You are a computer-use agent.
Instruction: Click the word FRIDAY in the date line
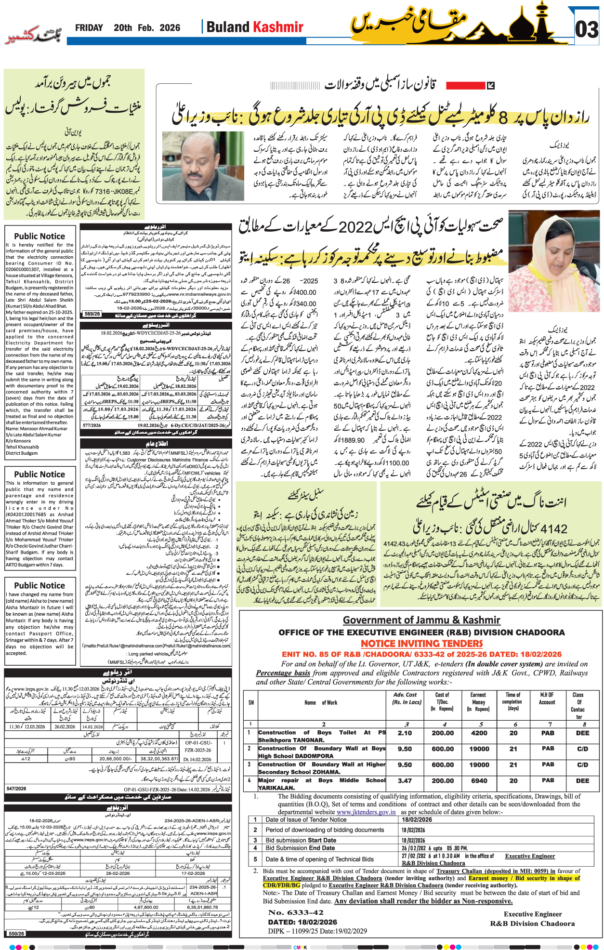pos(89,28)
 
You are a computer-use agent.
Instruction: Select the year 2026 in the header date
pos(170,28)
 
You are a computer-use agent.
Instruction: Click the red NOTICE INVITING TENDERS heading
pos(421,644)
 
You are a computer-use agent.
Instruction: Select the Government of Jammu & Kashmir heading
pos(421,620)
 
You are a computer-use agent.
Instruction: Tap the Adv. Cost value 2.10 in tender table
pos(405,733)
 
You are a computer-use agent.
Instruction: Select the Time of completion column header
pos(513,701)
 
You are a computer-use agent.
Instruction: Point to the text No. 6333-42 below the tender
pos(296,912)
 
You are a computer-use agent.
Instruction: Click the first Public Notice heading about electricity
pos(39,236)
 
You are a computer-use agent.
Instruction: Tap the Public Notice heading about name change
pos(39,585)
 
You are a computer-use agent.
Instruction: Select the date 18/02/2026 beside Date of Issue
pos(417,819)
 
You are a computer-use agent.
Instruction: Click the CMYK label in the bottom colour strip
pos(300,947)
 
